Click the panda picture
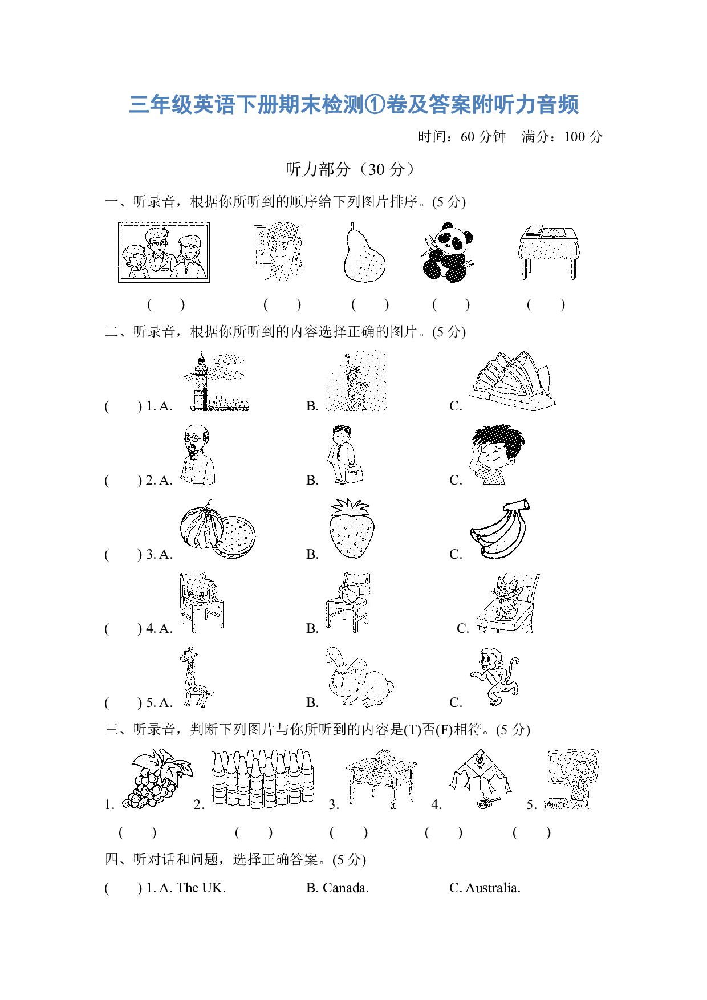click(448, 253)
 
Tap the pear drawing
click(364, 253)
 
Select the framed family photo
click(164, 253)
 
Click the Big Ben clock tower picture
click(215, 381)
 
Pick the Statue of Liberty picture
click(356, 381)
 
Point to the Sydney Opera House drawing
click(513, 380)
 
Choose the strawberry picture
click(352, 529)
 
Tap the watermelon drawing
click(218, 529)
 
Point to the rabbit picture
click(359, 677)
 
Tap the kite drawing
click(480, 779)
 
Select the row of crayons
click(263, 779)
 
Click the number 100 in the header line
click(574, 137)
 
